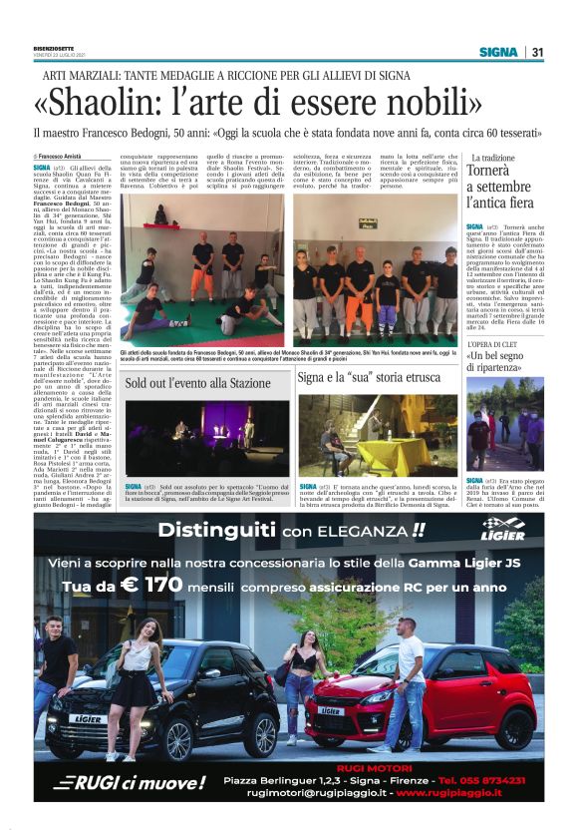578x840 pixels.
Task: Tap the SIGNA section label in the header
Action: click(497, 52)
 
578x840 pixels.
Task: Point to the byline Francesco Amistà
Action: click(61, 157)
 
